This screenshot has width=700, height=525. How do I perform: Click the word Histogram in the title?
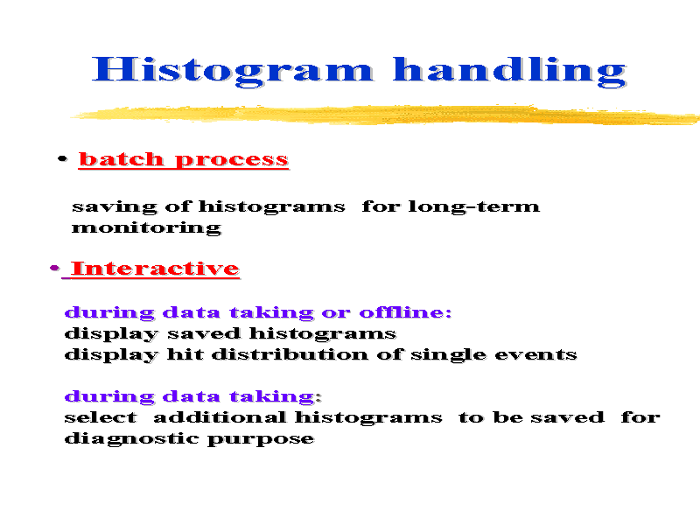click(232, 71)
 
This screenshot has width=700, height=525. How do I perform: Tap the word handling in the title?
click(510, 71)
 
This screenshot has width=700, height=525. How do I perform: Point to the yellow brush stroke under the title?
click(386, 115)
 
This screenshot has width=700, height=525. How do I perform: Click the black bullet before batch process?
click(62, 158)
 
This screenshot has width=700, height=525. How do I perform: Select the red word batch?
click(121, 159)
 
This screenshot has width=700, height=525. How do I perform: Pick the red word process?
click(232, 160)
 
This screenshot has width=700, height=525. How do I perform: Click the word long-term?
click(473, 206)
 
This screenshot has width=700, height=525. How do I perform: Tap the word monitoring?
click(146, 227)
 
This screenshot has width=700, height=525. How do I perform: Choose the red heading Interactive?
click(155, 269)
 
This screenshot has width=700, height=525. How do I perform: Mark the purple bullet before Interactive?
click(54, 268)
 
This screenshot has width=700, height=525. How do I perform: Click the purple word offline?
click(405, 311)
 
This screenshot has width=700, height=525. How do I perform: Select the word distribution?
click(290, 354)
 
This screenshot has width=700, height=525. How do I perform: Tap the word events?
click(535, 355)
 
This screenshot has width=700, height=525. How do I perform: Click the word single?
click(448, 355)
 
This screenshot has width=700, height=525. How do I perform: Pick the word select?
click(101, 417)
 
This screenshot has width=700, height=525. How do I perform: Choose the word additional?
click(220, 417)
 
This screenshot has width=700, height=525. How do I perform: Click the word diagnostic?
click(132, 439)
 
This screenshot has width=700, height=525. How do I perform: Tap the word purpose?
click(261, 440)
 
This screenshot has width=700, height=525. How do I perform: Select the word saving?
click(115, 207)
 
